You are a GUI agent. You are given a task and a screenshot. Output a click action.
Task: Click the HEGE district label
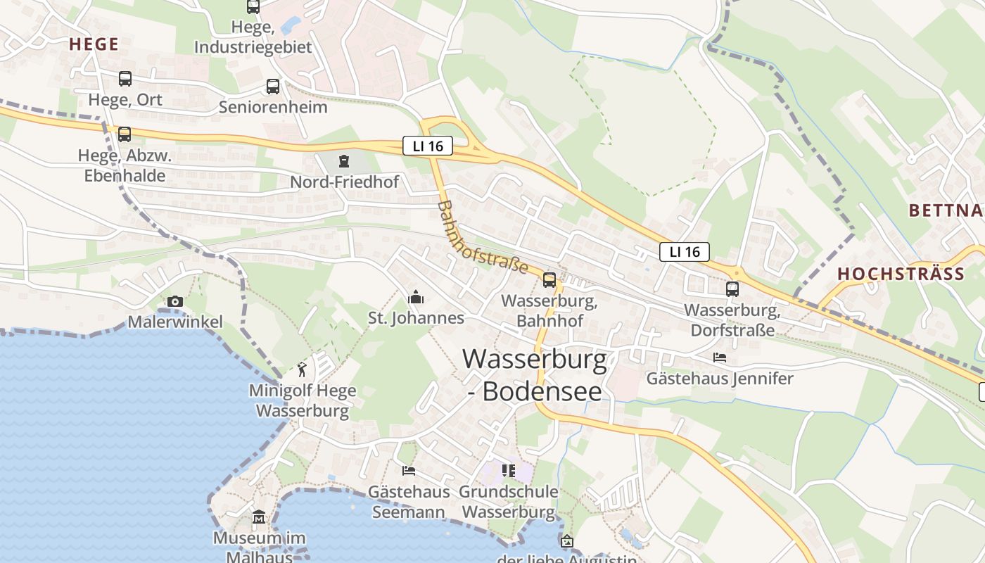[94, 44]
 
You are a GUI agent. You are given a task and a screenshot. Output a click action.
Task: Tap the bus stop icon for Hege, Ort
[125, 79]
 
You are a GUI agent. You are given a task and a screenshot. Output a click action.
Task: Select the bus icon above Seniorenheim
[273, 87]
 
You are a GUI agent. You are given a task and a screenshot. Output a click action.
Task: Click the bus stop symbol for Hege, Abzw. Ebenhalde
[125, 134]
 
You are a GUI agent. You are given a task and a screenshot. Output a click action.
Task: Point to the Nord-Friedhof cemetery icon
[343, 162]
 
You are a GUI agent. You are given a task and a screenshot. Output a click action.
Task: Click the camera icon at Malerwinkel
[175, 302]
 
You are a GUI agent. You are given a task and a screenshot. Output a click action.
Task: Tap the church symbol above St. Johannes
[416, 298]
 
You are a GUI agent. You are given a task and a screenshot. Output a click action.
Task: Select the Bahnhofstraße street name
[482, 238]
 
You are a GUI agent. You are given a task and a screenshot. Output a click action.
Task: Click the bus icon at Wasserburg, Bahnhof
[549, 280]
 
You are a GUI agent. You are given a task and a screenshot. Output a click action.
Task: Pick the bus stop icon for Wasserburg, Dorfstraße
[732, 289]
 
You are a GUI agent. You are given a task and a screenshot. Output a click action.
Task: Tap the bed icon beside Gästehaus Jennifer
[719, 358]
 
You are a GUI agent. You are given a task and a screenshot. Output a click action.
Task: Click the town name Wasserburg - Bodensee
[535, 375]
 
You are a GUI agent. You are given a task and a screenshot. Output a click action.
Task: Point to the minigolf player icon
[302, 369]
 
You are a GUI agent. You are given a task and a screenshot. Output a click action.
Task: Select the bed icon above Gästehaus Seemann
[408, 470]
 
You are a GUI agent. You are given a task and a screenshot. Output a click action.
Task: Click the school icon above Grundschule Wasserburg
[508, 470]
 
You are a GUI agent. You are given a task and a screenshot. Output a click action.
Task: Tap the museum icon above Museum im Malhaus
[259, 518]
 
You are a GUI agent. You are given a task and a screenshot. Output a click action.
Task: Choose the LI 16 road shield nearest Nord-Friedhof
[428, 146]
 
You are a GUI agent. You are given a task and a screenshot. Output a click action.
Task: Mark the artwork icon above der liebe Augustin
[567, 541]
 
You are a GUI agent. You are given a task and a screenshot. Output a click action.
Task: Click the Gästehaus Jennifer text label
[720, 379]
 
